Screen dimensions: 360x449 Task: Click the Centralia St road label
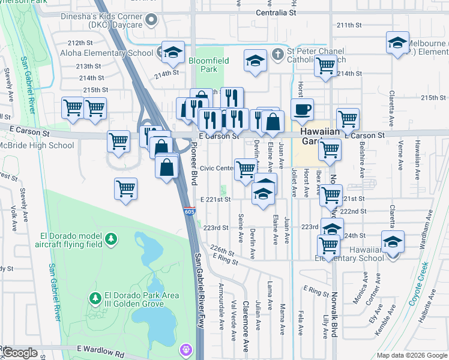(x=276, y=12)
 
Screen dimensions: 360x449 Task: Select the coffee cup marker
(x=302, y=109)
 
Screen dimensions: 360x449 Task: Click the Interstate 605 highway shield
(x=188, y=211)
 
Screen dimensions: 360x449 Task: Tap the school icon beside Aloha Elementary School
(x=172, y=52)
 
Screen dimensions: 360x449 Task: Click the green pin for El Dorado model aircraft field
(x=110, y=239)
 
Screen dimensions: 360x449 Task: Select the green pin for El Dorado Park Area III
(x=95, y=298)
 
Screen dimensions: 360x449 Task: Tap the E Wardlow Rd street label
(x=100, y=349)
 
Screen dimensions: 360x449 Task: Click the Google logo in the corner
(x=20, y=353)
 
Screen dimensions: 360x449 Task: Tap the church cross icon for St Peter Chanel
(x=277, y=53)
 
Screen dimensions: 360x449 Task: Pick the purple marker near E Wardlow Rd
(x=187, y=349)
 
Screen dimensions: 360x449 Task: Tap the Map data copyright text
(x=411, y=356)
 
